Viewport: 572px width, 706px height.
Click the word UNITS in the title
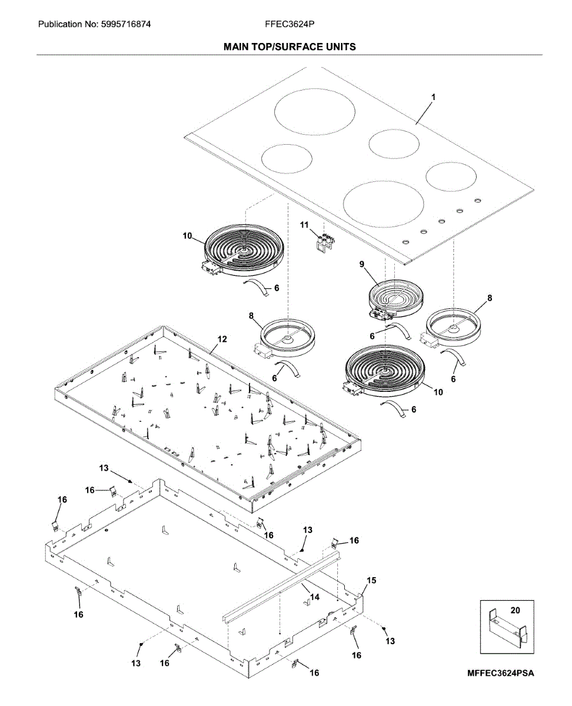point(339,46)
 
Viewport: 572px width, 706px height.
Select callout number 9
point(363,265)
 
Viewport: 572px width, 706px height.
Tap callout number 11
point(304,225)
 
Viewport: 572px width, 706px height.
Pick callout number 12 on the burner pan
point(222,339)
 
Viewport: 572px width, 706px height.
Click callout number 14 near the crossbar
point(314,597)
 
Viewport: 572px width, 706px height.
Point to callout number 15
point(371,580)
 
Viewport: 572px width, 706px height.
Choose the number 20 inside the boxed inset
point(515,610)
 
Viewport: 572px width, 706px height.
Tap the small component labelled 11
point(325,244)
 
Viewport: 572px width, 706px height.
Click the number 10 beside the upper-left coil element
point(187,236)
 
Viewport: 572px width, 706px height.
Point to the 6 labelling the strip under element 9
point(373,335)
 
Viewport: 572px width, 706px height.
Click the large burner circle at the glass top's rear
point(315,115)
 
